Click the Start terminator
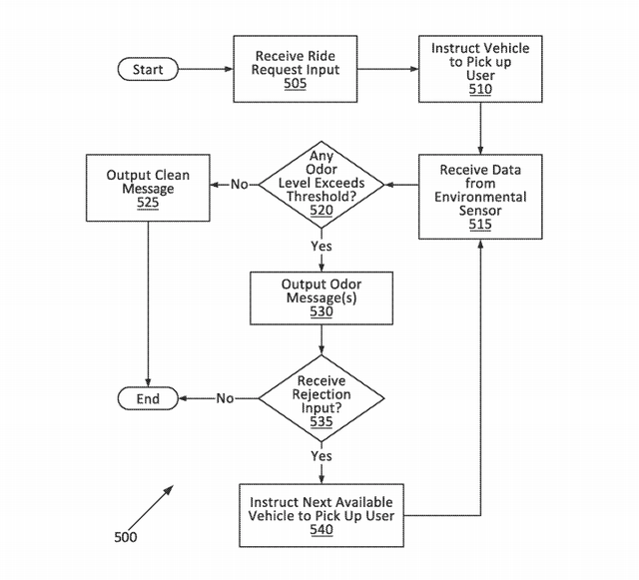(x=148, y=70)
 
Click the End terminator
(x=148, y=398)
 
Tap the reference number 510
(x=480, y=89)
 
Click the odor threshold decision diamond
(x=319, y=185)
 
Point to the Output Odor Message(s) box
(x=320, y=297)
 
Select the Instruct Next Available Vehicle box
(x=321, y=515)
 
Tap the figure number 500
(x=126, y=537)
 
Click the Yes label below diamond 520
(x=321, y=246)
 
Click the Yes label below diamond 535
(x=321, y=455)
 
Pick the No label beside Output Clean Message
(x=240, y=185)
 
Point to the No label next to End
(x=225, y=398)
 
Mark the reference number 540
(x=321, y=530)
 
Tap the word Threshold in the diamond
(x=321, y=198)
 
